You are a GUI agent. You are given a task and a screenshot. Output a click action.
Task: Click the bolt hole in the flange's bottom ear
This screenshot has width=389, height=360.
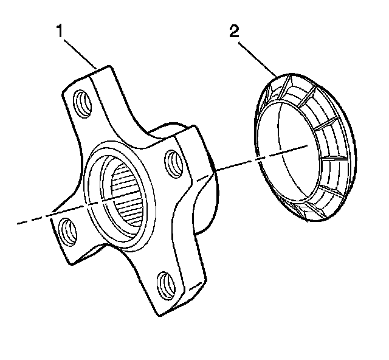coord(165,282)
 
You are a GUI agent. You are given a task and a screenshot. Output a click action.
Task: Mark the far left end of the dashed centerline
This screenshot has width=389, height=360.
coord(18,224)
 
